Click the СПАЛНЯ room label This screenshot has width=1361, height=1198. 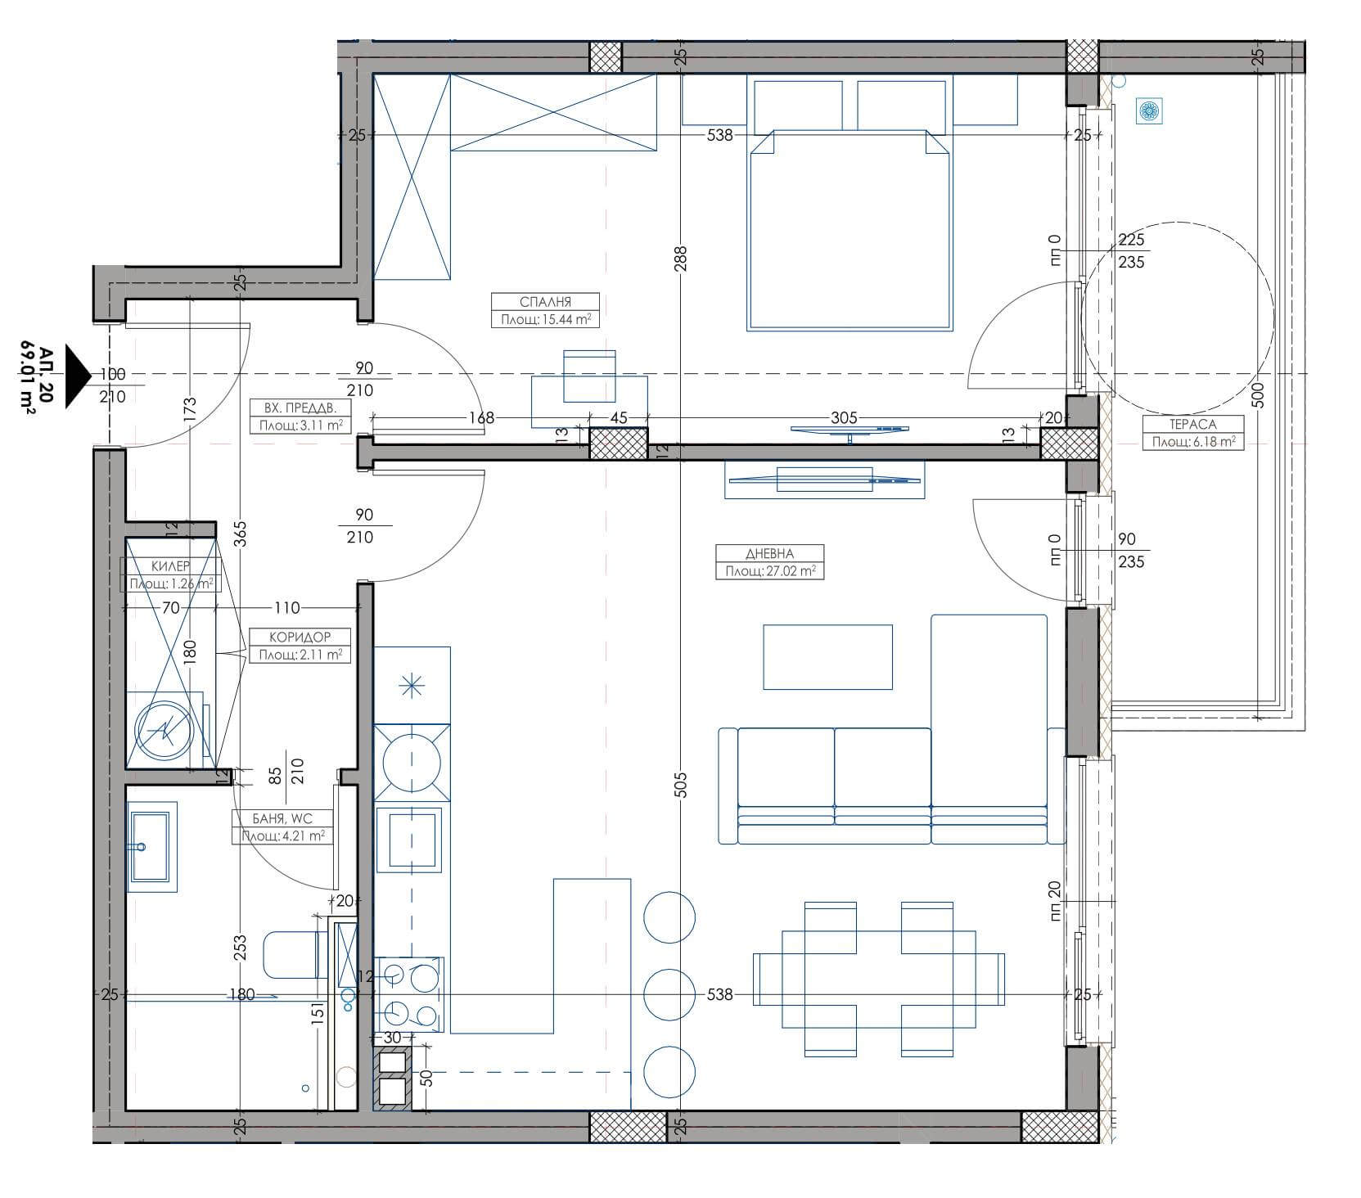(x=545, y=302)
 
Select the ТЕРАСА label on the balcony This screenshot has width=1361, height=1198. (x=1193, y=425)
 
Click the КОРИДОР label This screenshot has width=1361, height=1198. (x=300, y=637)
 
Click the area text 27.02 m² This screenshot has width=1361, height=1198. (x=769, y=571)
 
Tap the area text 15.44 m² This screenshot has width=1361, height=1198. (x=546, y=320)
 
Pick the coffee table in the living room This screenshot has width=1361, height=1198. (x=827, y=657)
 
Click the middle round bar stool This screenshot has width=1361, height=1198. (x=669, y=995)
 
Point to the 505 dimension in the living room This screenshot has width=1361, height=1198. (x=682, y=785)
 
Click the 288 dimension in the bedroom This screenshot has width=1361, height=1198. (x=681, y=259)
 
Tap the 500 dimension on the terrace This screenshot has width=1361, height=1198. (x=1258, y=396)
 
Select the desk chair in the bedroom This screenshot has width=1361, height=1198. (x=589, y=376)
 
